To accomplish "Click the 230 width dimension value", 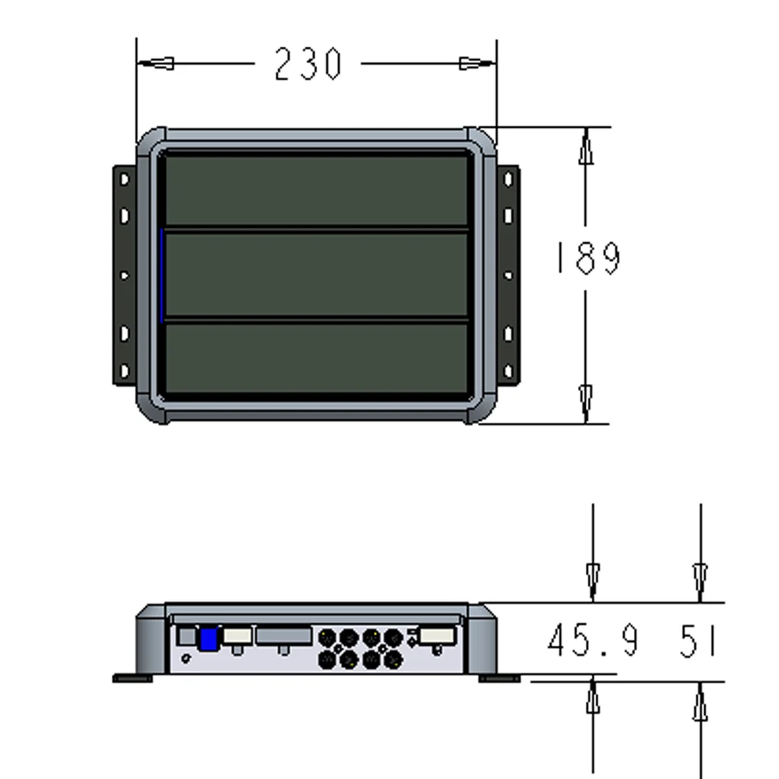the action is click(x=308, y=64).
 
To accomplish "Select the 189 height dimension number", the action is click(x=587, y=258).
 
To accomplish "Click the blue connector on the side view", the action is click(x=208, y=639).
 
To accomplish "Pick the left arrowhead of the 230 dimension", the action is click(x=160, y=63).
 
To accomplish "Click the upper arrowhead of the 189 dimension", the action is click(x=586, y=149).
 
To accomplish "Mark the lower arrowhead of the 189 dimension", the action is click(x=586, y=402).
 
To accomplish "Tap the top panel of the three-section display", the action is click(x=315, y=190).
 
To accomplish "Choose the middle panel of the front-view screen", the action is click(x=315, y=274).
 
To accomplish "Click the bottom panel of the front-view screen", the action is click(x=315, y=358).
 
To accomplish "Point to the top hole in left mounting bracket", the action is click(x=125, y=180).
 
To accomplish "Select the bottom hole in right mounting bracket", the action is click(x=508, y=369).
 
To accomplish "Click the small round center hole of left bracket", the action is click(x=124, y=275).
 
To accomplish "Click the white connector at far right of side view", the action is click(x=437, y=636).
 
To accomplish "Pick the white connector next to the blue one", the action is click(x=237, y=636).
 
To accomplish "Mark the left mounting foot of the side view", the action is click(x=133, y=679).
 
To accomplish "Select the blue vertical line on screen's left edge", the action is click(x=161, y=274).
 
